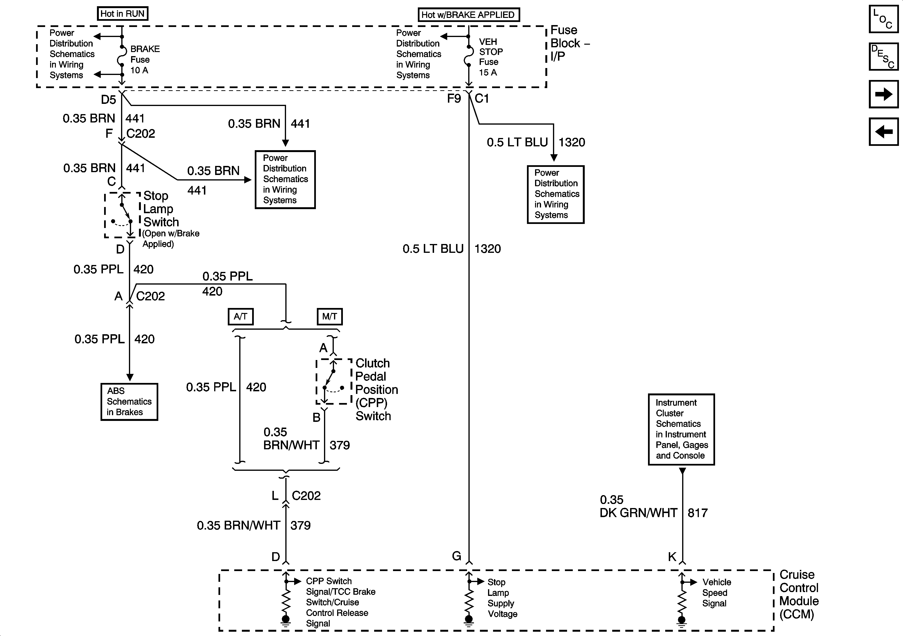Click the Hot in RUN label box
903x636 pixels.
click(122, 14)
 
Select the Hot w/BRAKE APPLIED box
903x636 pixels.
click(468, 15)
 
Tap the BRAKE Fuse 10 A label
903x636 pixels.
click(144, 59)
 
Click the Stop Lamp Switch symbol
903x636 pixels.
click(122, 215)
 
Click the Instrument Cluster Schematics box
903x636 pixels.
click(681, 429)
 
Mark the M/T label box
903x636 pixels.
click(329, 317)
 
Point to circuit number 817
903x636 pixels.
click(698, 513)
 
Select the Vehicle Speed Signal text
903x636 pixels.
click(716, 593)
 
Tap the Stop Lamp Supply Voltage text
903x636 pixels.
click(502, 598)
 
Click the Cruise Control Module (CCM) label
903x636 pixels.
click(799, 594)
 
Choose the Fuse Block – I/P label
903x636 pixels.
click(569, 43)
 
